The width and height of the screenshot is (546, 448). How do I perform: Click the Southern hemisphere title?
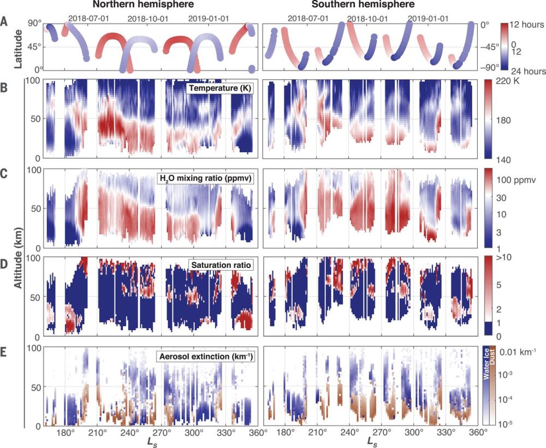coord(369,5)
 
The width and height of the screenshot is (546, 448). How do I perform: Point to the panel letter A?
coord(5,22)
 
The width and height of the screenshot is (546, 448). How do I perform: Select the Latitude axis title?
coord(17,46)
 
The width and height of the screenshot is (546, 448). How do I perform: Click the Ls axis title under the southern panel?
coord(371,440)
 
